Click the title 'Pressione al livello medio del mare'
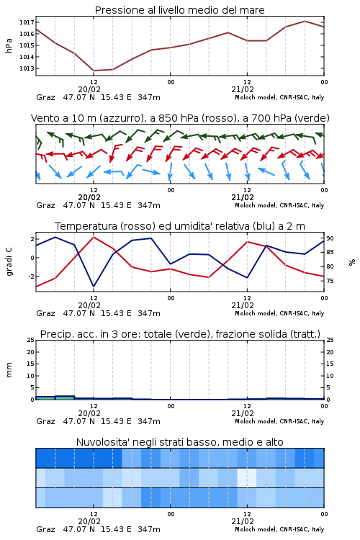coord(180,10)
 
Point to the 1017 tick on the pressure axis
coord(27,22)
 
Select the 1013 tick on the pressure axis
coord(27,68)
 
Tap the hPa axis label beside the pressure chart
coord(9,45)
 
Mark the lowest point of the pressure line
coord(94,71)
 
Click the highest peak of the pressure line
coord(305,21)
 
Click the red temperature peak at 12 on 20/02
coord(94,237)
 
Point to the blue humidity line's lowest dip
coord(94,286)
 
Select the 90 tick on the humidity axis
coord(330,238)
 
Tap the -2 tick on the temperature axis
coord(31,276)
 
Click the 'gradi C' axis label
coord(9,262)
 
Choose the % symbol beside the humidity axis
coord(352,262)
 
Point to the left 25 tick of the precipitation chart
coord(31,340)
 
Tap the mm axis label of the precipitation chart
coord(9,370)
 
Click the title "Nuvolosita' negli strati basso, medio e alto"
coord(180,442)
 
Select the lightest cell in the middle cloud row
coord(247,477)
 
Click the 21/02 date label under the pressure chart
coord(243,89)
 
